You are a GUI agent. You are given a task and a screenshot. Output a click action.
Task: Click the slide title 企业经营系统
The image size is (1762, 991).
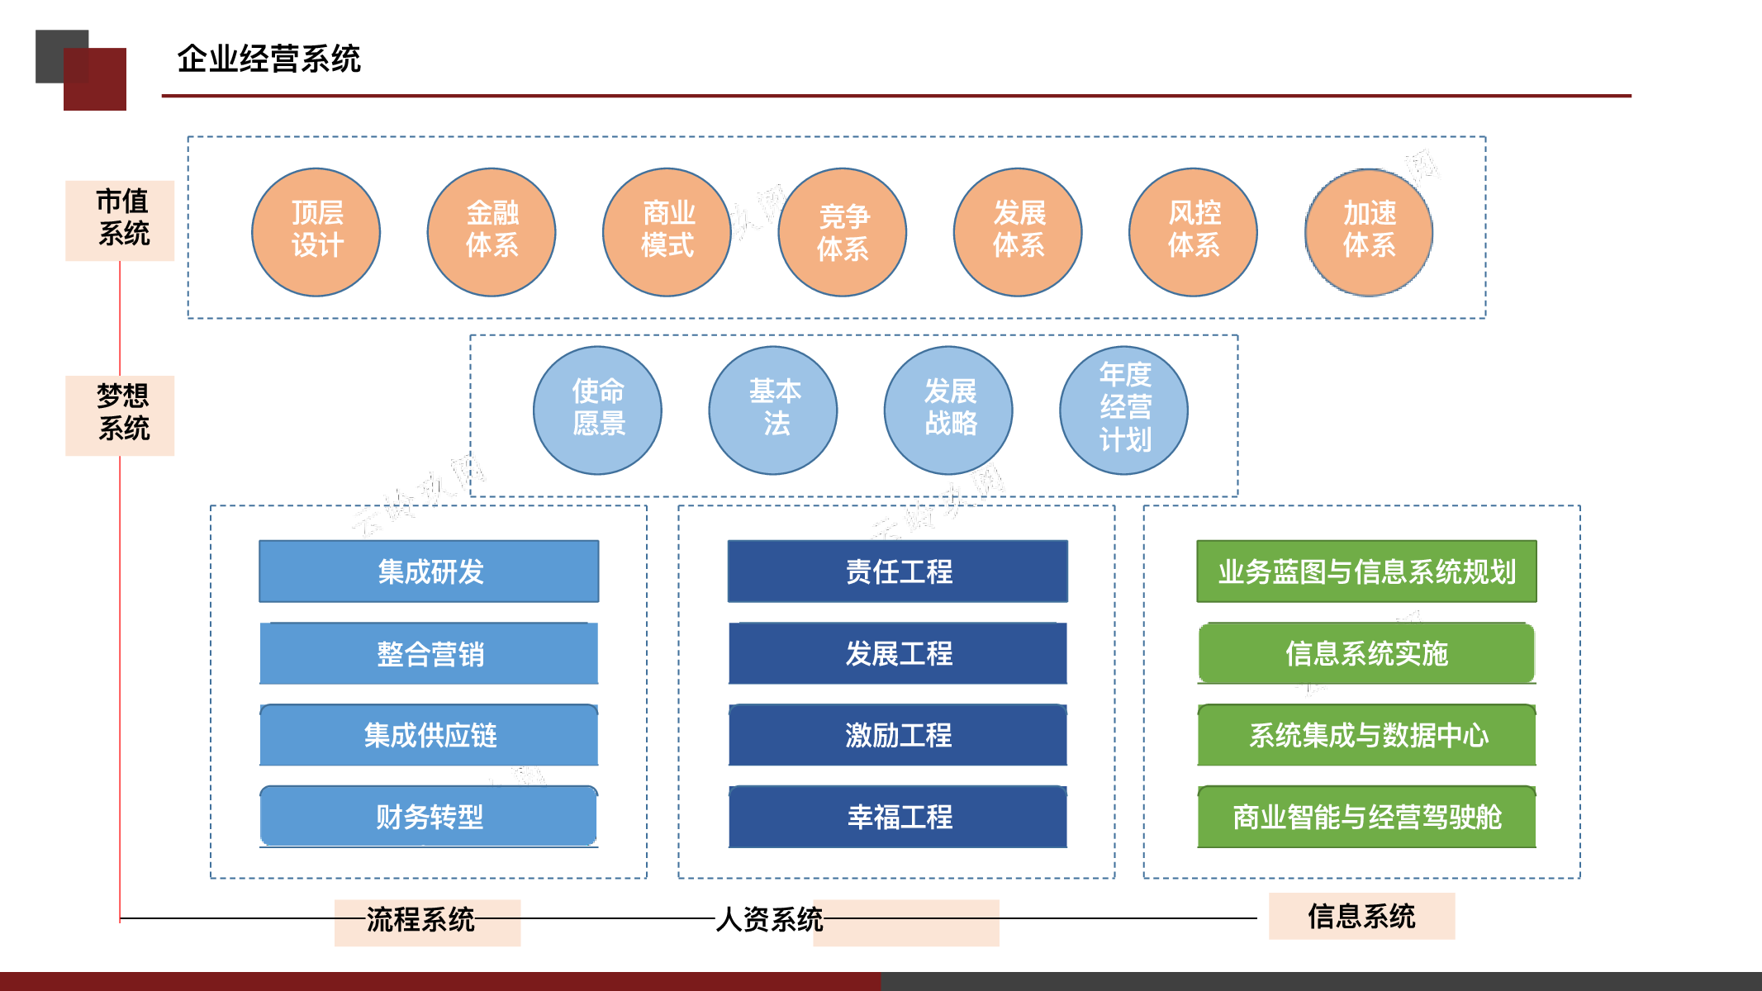click(x=268, y=59)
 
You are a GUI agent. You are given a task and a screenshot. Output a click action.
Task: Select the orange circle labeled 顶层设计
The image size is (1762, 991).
click(x=316, y=232)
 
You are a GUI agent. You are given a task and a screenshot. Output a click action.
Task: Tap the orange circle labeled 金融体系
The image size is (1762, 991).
click(x=492, y=232)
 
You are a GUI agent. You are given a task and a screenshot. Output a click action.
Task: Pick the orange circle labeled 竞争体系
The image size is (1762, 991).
click(x=843, y=232)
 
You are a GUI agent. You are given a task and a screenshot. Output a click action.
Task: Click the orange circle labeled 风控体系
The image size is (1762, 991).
click(x=1194, y=232)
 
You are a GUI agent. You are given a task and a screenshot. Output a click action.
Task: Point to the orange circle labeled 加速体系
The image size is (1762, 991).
click(x=1369, y=232)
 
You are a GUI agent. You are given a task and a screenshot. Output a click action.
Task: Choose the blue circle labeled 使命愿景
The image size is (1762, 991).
click(x=597, y=410)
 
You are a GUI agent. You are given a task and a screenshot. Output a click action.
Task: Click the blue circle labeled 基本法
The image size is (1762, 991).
click(x=773, y=410)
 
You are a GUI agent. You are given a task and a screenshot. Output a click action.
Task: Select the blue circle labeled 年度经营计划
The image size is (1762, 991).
click(x=1124, y=410)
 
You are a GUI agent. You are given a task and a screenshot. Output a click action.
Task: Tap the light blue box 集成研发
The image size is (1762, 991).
click(x=429, y=571)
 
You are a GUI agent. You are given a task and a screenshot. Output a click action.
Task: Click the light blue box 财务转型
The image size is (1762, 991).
click(x=429, y=817)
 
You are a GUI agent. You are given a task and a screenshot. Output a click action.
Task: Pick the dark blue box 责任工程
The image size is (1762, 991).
click(x=898, y=571)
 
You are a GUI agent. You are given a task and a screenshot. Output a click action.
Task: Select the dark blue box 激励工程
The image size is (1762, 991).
click(x=898, y=735)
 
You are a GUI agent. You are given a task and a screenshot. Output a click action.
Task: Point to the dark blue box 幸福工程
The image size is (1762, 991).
click(x=898, y=817)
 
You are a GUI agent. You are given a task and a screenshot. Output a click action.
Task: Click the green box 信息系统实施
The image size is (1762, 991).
click(x=1367, y=653)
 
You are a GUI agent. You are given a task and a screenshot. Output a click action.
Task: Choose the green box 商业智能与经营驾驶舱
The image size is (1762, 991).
click(x=1367, y=817)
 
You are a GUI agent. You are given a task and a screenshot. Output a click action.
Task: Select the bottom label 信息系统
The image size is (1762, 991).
click(x=1361, y=916)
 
